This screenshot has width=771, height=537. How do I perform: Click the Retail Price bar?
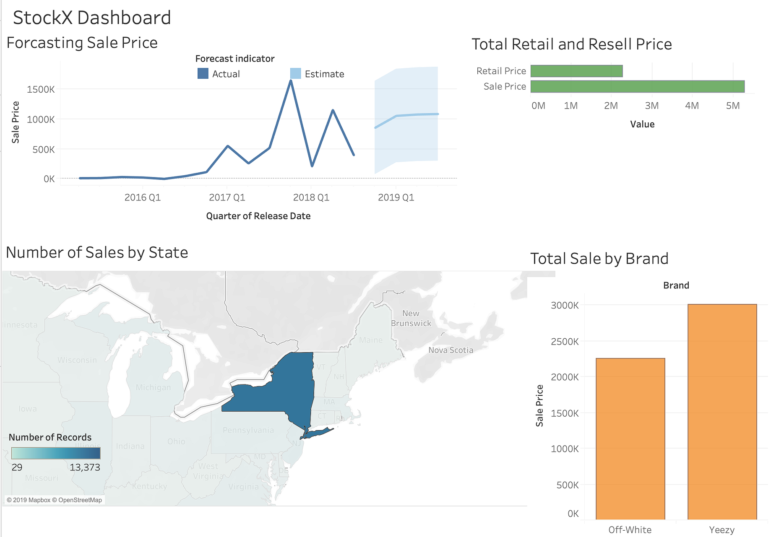(x=576, y=71)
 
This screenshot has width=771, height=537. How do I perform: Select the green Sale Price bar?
(x=637, y=86)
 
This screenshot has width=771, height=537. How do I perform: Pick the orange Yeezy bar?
(x=722, y=412)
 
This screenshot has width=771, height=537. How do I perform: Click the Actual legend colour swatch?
(x=203, y=74)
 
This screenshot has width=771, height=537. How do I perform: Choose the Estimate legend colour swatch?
(x=295, y=74)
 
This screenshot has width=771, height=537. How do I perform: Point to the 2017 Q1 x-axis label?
(x=227, y=197)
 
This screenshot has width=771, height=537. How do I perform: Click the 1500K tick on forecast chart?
(x=41, y=89)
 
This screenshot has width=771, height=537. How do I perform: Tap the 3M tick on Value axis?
(x=651, y=106)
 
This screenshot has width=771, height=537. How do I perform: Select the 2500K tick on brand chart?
(x=565, y=342)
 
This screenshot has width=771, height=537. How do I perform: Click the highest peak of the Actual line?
(x=291, y=80)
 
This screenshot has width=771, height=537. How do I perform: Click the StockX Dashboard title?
(x=92, y=18)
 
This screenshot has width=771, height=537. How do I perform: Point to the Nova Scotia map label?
(x=451, y=350)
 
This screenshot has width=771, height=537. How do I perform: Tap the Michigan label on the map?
(x=153, y=387)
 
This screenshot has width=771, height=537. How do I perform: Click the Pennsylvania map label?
(x=248, y=430)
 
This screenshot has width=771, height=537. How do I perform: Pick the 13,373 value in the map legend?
(x=85, y=467)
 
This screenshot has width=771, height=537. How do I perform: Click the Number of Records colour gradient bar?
(x=56, y=453)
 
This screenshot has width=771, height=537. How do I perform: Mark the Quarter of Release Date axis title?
(x=258, y=216)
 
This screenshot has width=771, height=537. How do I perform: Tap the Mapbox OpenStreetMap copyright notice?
(x=54, y=500)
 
